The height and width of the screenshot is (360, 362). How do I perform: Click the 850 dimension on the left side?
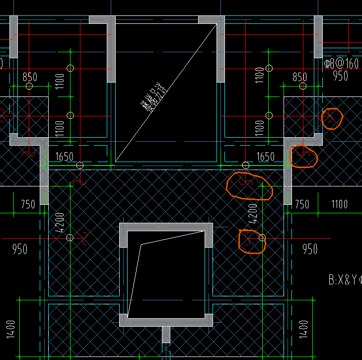click(30, 77)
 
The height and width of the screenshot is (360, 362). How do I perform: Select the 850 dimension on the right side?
click(299, 77)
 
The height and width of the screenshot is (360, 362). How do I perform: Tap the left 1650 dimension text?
click(65, 157)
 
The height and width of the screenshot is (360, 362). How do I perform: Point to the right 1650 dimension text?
click(265, 157)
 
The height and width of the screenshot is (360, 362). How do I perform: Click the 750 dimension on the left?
click(28, 204)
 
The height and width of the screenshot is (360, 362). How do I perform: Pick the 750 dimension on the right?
click(301, 204)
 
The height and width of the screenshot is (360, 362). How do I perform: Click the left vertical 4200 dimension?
click(61, 223)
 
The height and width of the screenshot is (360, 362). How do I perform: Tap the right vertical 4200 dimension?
click(253, 212)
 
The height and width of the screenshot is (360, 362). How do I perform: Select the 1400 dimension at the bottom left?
click(11, 329)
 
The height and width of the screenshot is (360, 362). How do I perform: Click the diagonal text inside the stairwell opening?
click(154, 99)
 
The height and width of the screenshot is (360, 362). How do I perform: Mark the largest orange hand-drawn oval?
click(249, 185)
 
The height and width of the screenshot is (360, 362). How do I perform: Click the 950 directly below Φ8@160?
click(340, 76)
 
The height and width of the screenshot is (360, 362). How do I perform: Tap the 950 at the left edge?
click(20, 249)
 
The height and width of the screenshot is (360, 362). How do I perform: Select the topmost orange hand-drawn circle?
click(332, 118)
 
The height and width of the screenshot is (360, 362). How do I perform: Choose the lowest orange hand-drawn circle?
click(252, 242)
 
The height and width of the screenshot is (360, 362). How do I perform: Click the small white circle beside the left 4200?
click(70, 238)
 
